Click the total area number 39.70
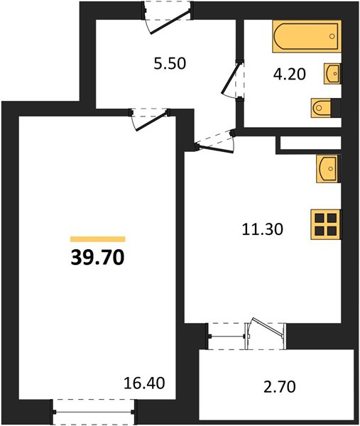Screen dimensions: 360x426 [97, 258]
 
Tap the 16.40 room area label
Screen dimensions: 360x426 [144, 383]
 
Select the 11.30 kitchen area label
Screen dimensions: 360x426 [263, 229]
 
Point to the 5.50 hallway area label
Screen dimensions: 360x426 [170, 64]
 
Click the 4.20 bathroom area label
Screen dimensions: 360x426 [290, 74]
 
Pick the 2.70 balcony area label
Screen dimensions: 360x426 [280, 387]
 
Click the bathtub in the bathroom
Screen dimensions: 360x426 [307, 36]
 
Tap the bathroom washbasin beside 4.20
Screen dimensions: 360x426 [332, 74]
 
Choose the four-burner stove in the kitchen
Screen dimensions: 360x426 [326, 224]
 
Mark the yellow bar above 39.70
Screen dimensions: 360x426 [97, 239]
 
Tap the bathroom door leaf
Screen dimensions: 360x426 [231, 78]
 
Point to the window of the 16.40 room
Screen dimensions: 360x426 [94, 412]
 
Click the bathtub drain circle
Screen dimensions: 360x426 [332, 36]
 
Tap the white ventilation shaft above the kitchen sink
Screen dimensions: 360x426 [310, 143]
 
